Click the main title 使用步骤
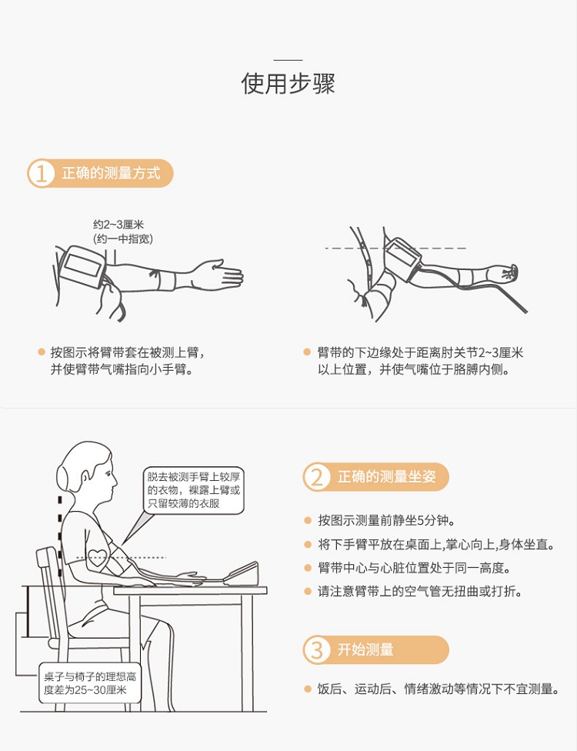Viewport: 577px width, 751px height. pos(288,83)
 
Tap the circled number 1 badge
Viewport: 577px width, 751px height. pos(42,173)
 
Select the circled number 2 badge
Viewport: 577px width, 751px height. pos(317,476)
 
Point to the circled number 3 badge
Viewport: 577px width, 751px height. pos(317,650)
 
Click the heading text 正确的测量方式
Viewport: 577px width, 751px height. pos(111,173)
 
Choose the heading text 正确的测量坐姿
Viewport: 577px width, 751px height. pos(387,476)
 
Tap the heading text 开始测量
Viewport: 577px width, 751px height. pos(365,649)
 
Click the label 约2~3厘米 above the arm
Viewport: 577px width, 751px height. pos(118,224)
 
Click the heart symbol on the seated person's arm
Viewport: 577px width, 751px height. pos(97,558)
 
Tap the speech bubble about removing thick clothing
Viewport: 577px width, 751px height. pos(193,490)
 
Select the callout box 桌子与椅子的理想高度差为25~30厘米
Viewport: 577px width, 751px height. pos(90,683)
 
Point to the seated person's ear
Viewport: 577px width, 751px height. pos(85,478)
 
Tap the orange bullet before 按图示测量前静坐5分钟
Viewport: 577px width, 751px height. pos(308,520)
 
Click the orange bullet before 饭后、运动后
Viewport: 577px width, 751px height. pos(308,689)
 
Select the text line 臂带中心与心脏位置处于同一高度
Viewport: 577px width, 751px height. pos(414,568)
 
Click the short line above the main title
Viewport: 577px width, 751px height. pos(288,60)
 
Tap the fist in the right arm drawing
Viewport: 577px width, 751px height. pos(509,272)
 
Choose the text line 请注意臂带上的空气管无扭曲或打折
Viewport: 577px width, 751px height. pos(420,592)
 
